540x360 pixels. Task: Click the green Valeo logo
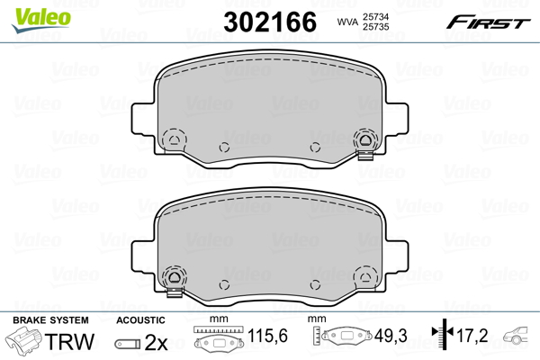pyautogui.click(x=41, y=20)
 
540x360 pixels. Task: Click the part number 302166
pyautogui.click(x=270, y=22)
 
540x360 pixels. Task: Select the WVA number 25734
pyautogui.click(x=375, y=17)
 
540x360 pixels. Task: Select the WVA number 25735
pyautogui.click(x=375, y=27)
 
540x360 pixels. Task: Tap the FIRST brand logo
pyautogui.click(x=488, y=22)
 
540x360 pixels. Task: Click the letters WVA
pyautogui.click(x=347, y=22)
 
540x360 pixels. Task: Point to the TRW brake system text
pyautogui.click(x=69, y=341)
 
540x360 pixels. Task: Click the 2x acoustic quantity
pyautogui.click(x=156, y=342)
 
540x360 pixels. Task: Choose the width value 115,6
pyautogui.click(x=267, y=335)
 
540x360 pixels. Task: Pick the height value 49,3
pyautogui.click(x=391, y=335)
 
